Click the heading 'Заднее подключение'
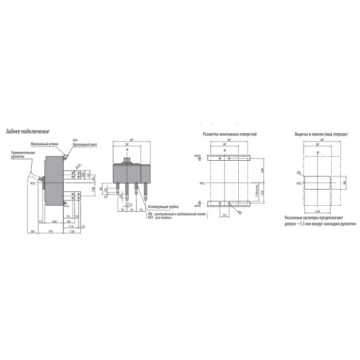(28, 131)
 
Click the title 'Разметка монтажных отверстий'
(229, 134)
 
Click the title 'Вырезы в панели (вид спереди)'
(322, 134)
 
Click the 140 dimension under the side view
(54, 221)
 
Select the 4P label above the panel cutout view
(322, 140)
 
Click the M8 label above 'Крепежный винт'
(75, 139)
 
